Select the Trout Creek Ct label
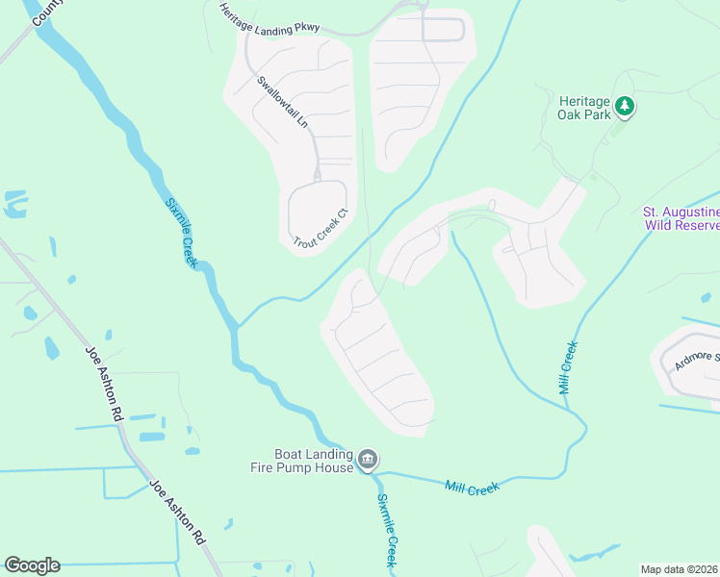[x=319, y=230]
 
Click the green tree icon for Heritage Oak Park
[x=625, y=105]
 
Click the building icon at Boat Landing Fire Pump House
[x=367, y=462]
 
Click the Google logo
[x=32, y=565]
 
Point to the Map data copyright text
[x=679, y=568]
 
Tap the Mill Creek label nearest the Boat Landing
[x=472, y=489]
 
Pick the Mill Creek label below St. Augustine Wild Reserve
[x=568, y=367]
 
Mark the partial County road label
[x=44, y=12]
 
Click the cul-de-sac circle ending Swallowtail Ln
[x=317, y=175]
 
